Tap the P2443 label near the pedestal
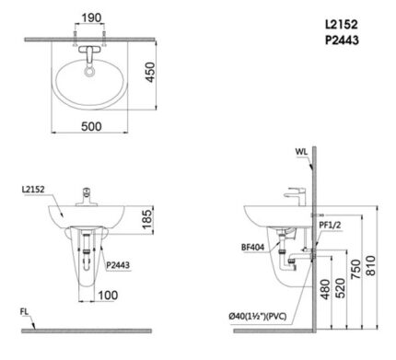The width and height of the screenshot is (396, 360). [x=118, y=264]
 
